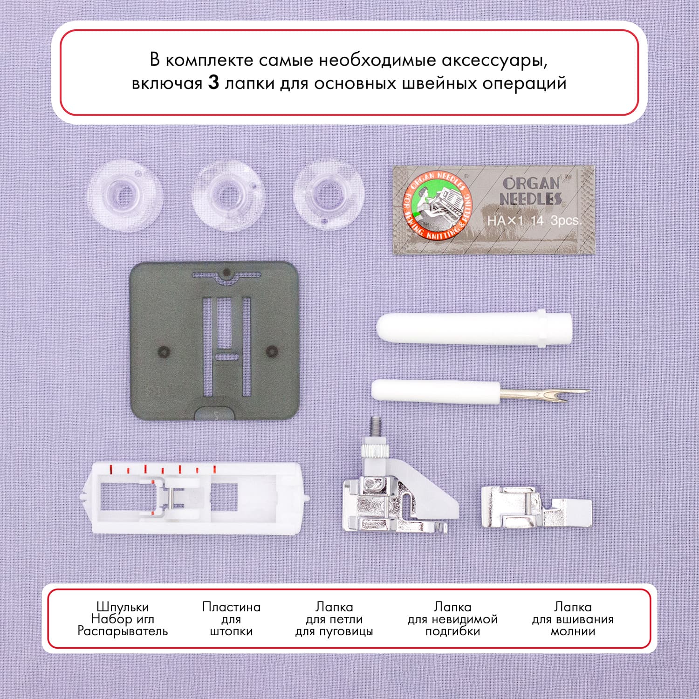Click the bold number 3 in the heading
213,83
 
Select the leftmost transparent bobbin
124,195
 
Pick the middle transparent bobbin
229,196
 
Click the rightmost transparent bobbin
329,194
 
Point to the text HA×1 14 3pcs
534,220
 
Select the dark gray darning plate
214,340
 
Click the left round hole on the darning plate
163,351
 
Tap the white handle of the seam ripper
436,390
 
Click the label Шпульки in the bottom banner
123,607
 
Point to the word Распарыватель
123,631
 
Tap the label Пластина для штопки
231,619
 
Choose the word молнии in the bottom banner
573,631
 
